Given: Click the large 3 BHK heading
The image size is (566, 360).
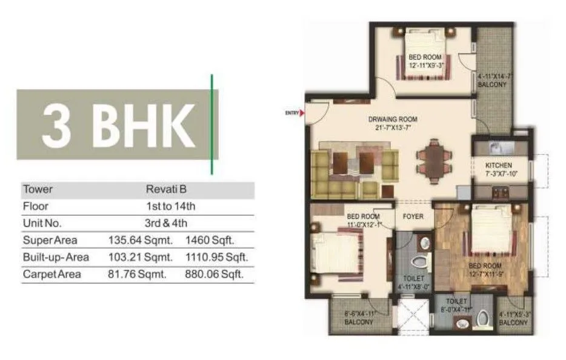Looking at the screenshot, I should (x=118, y=125).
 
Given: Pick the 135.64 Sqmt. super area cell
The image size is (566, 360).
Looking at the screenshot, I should (x=141, y=241).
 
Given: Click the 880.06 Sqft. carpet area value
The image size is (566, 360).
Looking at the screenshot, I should (x=214, y=275).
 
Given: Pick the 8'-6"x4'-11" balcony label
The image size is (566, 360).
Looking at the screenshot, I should (x=360, y=319).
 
